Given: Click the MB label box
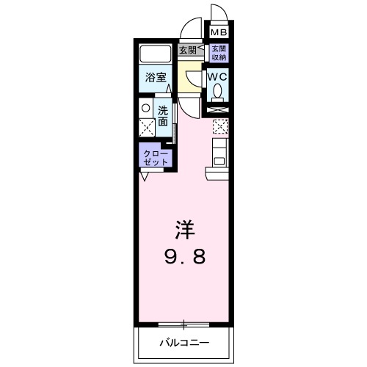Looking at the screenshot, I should pyautogui.click(x=219, y=33).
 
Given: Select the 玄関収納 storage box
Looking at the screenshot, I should pyautogui.click(x=219, y=53).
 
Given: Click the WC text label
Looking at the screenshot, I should pyautogui.click(x=218, y=76).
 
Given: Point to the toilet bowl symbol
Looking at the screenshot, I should pyautogui.click(x=218, y=91).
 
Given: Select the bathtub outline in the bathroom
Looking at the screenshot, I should pyautogui.click(x=154, y=54).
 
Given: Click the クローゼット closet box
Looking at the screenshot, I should pyautogui.click(x=156, y=156).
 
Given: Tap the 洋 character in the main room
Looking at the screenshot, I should pyautogui.click(x=183, y=229).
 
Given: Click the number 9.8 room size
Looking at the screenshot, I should pyautogui.click(x=183, y=257).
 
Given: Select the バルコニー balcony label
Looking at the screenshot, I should pyautogui.click(x=183, y=342).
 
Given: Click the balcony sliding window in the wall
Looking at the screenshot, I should pyautogui.click(x=183, y=323).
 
